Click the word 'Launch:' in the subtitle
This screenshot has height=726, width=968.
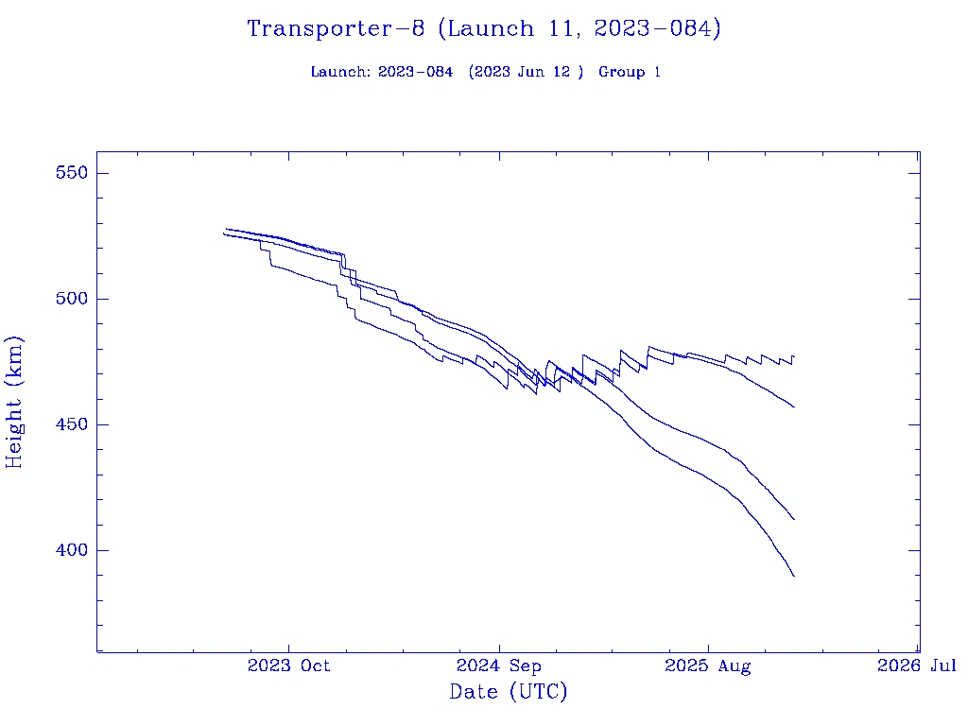340,72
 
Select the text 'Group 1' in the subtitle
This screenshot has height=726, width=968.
629,72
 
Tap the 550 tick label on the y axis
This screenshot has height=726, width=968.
71,173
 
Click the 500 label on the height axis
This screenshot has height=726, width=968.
71,299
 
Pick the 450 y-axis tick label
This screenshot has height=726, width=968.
71,424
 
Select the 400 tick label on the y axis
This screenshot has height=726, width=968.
71,550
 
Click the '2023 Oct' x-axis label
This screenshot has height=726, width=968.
288,665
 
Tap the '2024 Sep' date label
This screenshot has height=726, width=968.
498,665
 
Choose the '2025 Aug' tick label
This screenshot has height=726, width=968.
708,665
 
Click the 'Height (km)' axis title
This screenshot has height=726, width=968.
15,402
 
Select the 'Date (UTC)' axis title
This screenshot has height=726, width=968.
509,692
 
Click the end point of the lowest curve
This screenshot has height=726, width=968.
794,576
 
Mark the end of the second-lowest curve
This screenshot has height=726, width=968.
794,519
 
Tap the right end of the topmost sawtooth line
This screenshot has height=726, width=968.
794,357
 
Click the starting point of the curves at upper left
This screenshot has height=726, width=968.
224,232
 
